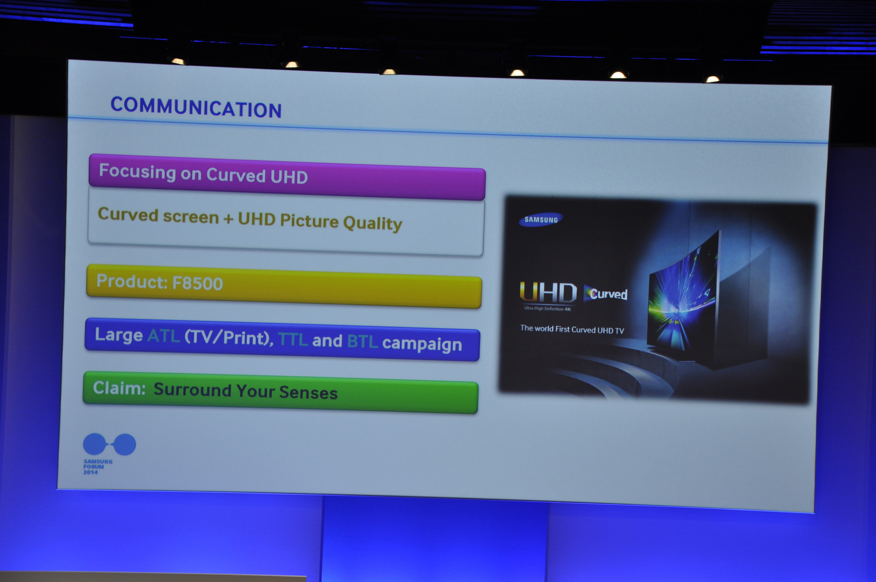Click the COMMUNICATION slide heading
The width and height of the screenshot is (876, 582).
[196, 107]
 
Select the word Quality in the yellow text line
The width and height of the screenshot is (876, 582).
[372, 224]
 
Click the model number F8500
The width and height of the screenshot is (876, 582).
[198, 283]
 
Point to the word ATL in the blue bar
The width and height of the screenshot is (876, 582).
[164, 335]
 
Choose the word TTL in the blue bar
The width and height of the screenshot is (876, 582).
[292, 339]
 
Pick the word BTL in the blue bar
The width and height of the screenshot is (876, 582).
[362, 341]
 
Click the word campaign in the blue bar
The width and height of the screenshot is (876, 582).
[422, 344]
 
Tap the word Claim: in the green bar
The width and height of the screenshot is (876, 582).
[120, 388]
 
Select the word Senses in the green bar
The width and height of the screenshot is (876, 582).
[308, 392]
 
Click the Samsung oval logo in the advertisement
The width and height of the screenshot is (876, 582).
[541, 219]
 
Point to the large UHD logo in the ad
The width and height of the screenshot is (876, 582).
[548, 293]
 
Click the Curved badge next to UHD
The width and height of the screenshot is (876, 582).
[605, 294]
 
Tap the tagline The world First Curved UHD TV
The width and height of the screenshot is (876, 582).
[572, 329]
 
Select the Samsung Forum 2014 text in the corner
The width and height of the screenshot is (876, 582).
[98, 467]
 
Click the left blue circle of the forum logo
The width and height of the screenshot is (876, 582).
[94, 444]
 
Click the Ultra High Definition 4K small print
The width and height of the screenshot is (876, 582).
[548, 309]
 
